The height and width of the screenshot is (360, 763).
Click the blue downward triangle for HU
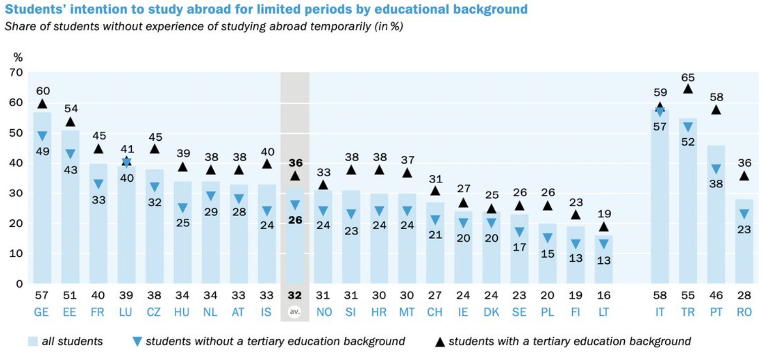[183, 208]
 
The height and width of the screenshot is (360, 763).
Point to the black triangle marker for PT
[715, 109]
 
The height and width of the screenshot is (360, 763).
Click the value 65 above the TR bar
[688, 78]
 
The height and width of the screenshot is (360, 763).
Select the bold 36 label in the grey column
[295, 163]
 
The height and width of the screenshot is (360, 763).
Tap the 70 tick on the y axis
[16, 72]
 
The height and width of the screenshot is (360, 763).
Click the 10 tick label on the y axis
[16, 254]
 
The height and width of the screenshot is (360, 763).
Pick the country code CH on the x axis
[435, 312]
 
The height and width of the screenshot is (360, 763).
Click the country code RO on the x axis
[744, 312]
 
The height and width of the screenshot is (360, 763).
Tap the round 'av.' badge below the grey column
[295, 312]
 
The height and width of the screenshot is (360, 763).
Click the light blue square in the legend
[33, 342]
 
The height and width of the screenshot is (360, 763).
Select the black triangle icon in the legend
[440, 342]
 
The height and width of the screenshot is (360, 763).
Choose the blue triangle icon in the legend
[137, 342]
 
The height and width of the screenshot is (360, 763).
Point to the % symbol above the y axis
[18, 58]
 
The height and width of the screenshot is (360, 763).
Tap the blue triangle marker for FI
[575, 244]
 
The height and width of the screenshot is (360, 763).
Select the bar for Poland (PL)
[547, 253]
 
